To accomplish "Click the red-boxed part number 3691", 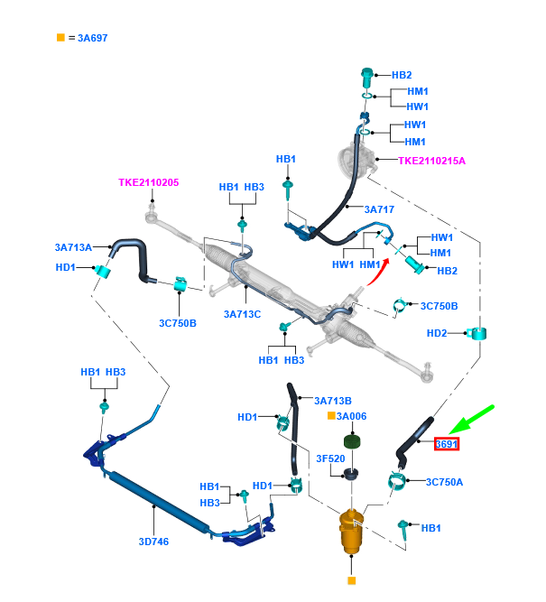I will [447, 444].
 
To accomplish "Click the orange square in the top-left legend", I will [60, 38].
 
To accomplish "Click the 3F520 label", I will [329, 458].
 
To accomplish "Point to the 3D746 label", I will [153, 542].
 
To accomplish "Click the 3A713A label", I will [74, 246].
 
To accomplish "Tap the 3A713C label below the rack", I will [243, 315].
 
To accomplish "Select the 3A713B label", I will [333, 401].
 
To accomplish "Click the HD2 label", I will [437, 334].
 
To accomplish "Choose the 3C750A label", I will [443, 482].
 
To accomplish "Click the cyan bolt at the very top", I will [367, 75].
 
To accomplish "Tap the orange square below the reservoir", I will [351, 581].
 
